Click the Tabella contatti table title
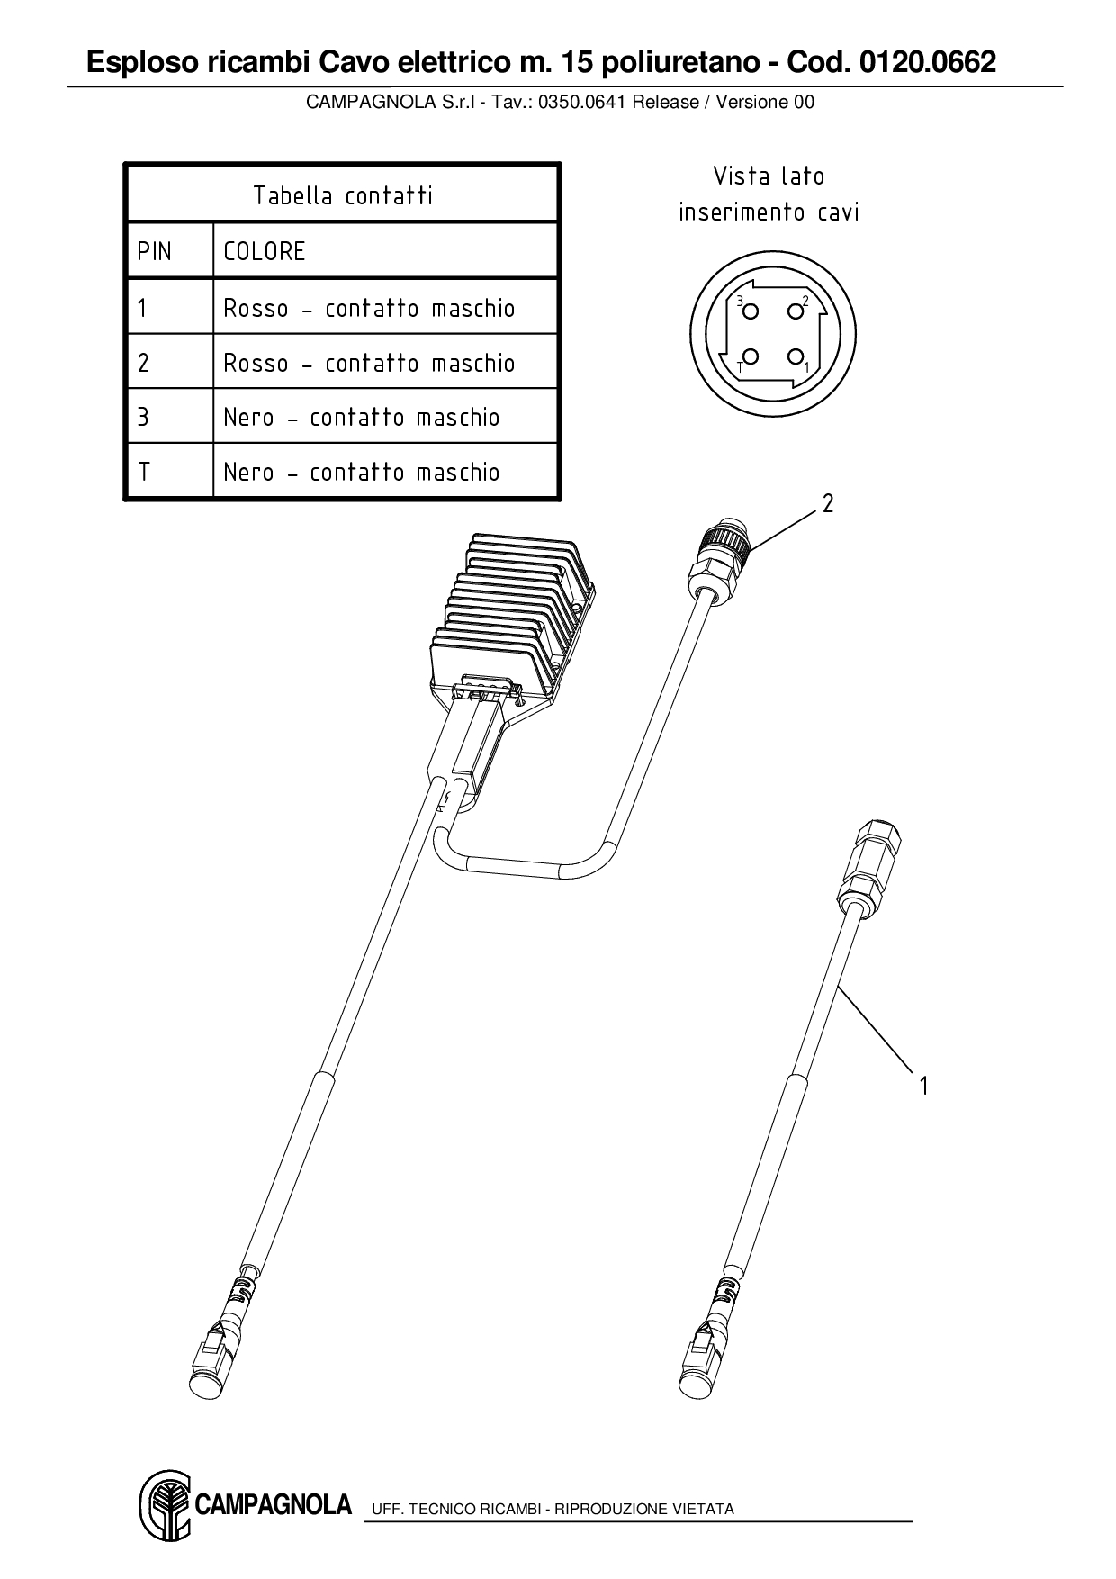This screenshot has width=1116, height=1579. click(342, 195)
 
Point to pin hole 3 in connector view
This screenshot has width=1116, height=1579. click(751, 311)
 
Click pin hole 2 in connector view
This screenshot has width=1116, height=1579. click(795, 311)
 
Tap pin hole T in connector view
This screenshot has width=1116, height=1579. click(751, 356)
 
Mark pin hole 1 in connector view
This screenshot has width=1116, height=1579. click(795, 356)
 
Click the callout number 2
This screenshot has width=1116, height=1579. click(828, 504)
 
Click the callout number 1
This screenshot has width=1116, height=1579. click(923, 1086)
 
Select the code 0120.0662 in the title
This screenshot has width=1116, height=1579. click(927, 63)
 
